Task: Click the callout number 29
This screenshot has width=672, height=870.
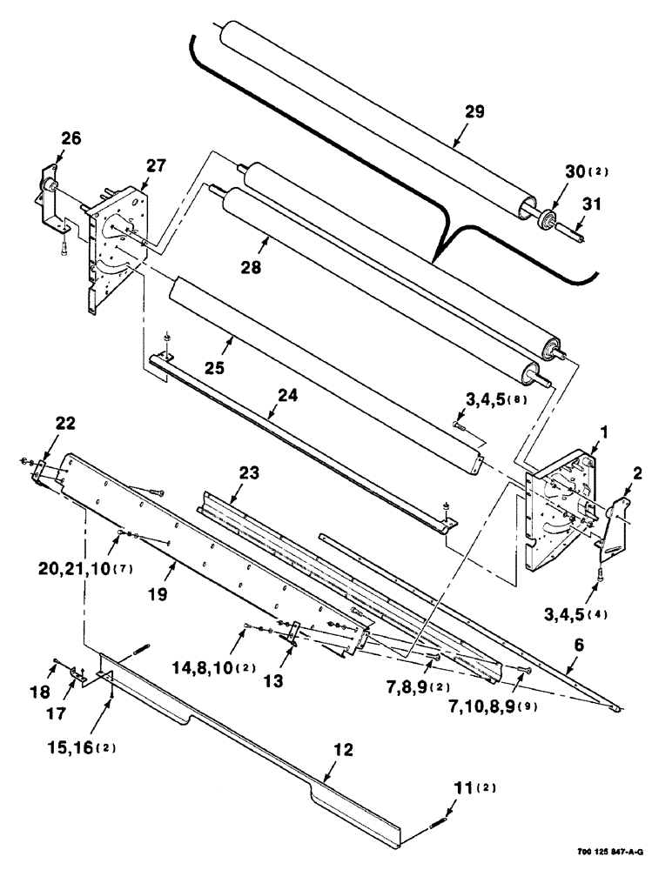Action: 474,111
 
